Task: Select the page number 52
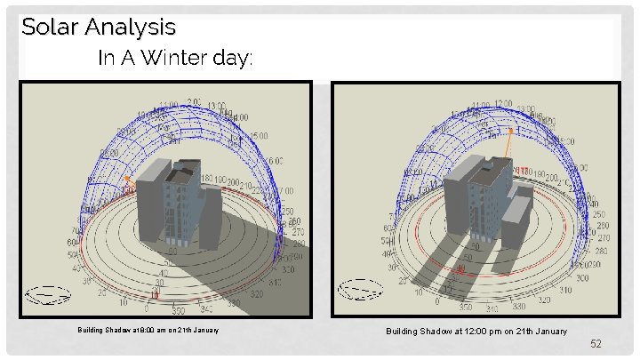[x=596, y=343]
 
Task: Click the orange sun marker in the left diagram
[x=127, y=179]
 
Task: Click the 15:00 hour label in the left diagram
[x=258, y=137]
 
